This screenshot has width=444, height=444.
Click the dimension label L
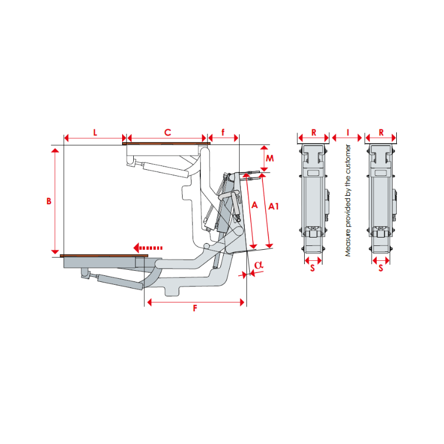coord(95,132)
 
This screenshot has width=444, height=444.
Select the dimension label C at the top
coord(167,132)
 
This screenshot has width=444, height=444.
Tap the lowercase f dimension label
coord(223,132)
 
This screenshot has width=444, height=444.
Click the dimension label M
coord(270,158)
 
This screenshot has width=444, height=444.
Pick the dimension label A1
coord(274,206)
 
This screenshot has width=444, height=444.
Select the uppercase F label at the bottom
coord(195,309)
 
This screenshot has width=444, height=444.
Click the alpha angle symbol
coord(258,265)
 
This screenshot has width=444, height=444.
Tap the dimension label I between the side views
coord(347,132)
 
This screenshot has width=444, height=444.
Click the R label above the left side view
coord(314,132)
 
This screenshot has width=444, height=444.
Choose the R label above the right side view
coord(381,132)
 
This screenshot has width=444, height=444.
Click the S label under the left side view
coord(313,268)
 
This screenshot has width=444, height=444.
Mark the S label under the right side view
coord(381,268)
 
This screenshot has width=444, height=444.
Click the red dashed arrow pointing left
coord(147,248)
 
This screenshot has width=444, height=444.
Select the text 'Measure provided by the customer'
coord(349,200)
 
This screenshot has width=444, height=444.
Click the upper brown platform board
coord(167,144)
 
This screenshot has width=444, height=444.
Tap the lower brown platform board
coord(104,256)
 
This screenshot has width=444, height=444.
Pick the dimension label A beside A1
coord(255,205)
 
